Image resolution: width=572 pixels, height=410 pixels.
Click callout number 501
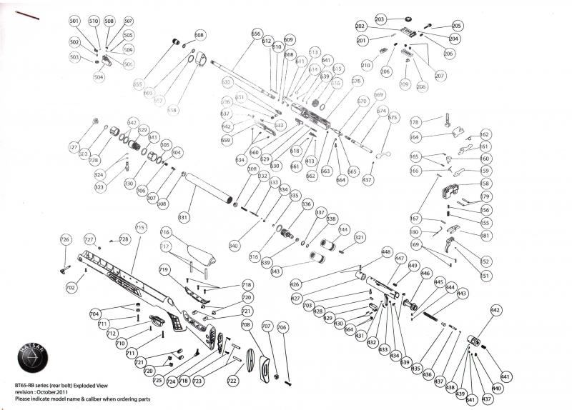74,21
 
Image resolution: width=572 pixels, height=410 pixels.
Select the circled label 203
380,18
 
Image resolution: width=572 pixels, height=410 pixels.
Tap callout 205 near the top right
457,26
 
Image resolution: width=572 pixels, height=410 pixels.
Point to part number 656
256,34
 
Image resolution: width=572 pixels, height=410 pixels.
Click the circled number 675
393,117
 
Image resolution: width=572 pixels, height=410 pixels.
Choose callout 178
415,123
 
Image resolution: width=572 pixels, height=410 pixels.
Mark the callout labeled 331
184,217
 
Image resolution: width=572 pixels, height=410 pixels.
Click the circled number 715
140,228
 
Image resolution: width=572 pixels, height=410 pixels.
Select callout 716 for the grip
164,232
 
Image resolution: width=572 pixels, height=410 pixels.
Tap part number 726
65,239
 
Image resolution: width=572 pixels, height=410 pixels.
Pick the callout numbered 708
246,325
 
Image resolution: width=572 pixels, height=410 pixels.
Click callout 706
282,327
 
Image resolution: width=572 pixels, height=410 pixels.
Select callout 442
495,310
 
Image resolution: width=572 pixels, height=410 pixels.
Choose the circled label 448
386,252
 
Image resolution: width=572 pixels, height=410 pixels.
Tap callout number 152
486,261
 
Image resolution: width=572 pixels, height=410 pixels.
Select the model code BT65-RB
27,385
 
